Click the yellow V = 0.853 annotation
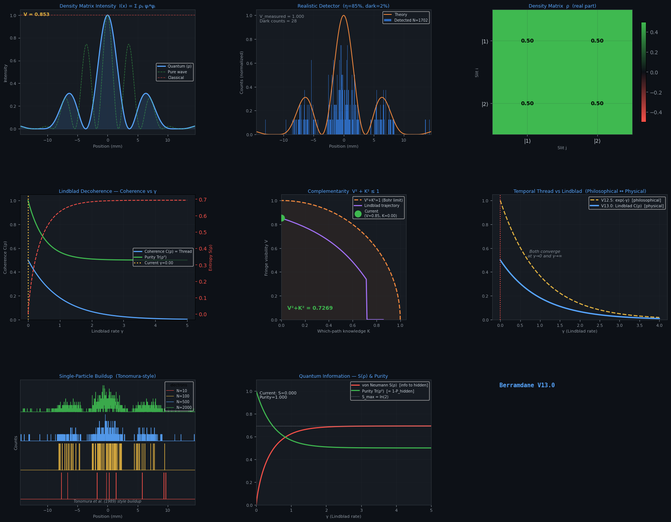[x=36, y=14]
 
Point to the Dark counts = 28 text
[x=278, y=21]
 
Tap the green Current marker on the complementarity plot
[x=282, y=218]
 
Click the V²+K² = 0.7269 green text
[x=310, y=308]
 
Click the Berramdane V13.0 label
[x=527, y=385]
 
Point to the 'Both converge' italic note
[x=545, y=252]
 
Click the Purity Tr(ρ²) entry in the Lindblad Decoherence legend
[x=155, y=257]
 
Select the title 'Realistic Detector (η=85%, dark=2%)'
[x=343, y=6]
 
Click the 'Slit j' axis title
[x=562, y=148]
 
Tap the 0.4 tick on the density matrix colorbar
[x=654, y=33]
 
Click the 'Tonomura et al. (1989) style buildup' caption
[x=107, y=501]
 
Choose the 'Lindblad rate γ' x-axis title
[x=107, y=331]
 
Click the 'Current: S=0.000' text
[x=278, y=393]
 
